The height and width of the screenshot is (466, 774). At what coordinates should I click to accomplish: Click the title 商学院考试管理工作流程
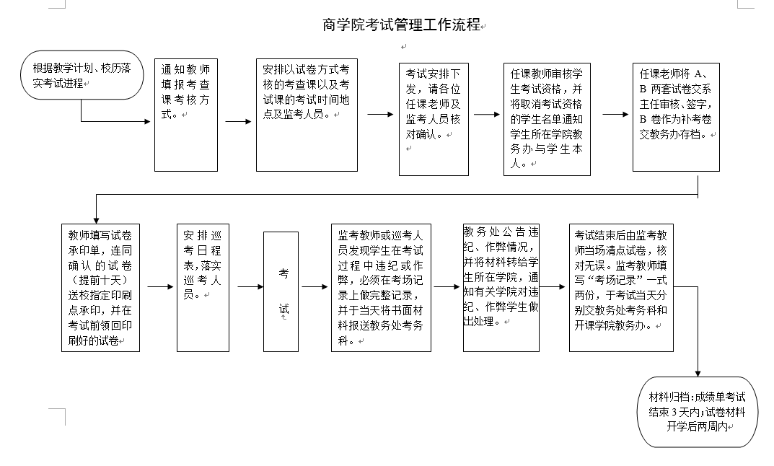pos(402,25)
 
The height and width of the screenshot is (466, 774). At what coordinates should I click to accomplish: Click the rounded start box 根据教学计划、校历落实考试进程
pos(82,75)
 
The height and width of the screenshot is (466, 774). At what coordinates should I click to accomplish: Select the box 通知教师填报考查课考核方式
pos(186,115)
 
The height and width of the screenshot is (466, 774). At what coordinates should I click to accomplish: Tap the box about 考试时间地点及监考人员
pos(307,115)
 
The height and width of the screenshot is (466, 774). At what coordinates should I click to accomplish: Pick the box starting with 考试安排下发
pos(434,119)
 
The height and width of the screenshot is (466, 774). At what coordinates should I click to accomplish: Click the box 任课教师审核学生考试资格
pos(547,119)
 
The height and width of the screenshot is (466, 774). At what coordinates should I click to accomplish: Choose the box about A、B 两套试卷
pos(677,117)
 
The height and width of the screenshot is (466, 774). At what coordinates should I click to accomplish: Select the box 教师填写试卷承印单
pos(101,288)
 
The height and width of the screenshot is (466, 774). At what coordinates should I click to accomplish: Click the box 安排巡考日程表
pos(203,288)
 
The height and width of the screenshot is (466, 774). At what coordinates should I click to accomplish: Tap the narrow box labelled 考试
pos(281,291)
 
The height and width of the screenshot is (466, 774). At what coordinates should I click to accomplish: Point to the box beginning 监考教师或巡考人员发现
pos(381,288)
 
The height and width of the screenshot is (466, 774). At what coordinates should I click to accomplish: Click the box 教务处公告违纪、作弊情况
pos(501,288)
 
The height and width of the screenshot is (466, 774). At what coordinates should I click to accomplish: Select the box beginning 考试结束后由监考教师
pos(622,288)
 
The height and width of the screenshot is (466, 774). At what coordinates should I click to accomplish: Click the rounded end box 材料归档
pos(698,412)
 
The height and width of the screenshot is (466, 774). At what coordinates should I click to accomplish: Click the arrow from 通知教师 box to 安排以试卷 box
pos(239,121)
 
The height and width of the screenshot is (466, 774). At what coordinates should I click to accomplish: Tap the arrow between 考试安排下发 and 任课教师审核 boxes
pos(487,115)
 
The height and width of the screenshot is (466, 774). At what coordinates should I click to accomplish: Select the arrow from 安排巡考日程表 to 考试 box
pos(251,287)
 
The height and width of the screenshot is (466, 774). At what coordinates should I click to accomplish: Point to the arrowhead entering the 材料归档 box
pos(698,374)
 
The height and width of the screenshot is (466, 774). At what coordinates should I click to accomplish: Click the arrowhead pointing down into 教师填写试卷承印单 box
pos(96,221)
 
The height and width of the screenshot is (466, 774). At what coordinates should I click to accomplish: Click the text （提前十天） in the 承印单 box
pos(100,281)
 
